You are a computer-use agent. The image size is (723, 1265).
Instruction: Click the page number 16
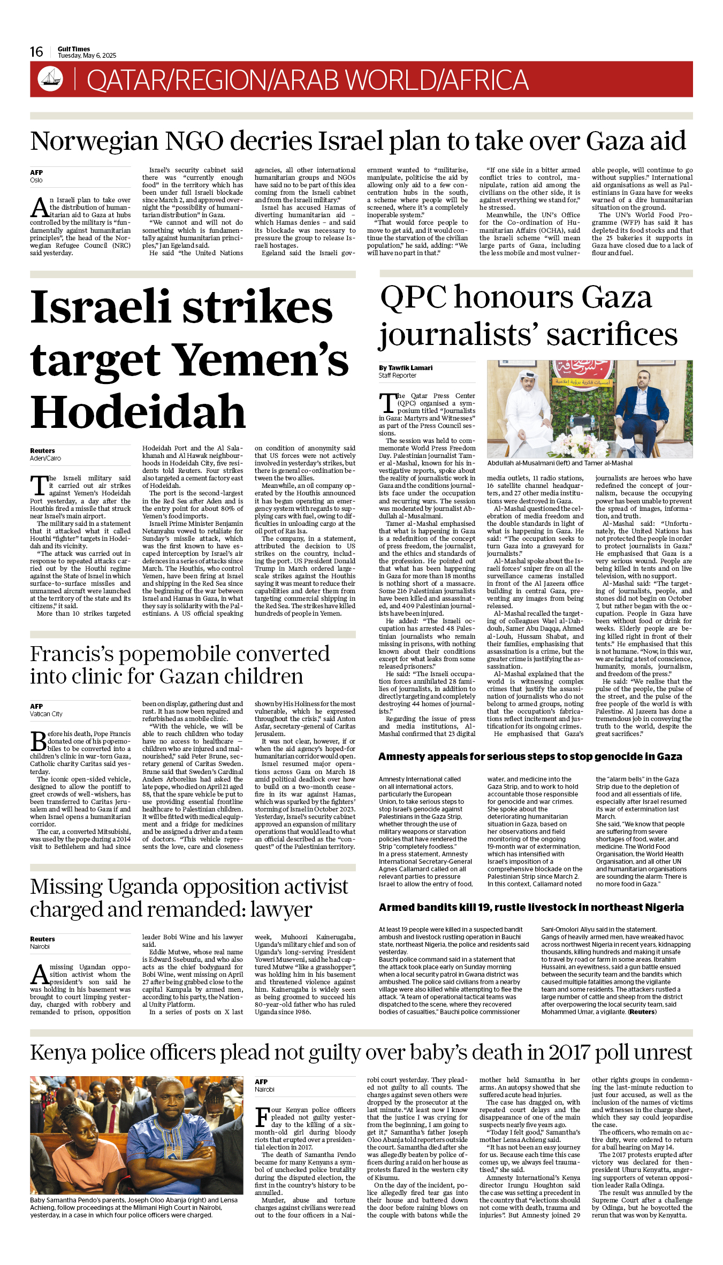coord(36,52)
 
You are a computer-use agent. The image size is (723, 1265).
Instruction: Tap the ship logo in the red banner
coord(50,79)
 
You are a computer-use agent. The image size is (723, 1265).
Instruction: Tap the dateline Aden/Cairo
coord(45,458)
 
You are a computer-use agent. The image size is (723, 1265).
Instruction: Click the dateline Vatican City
coord(46,714)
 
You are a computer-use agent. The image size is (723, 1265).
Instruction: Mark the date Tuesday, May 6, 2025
coord(87,56)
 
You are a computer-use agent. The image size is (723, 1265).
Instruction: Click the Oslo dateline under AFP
coord(36,180)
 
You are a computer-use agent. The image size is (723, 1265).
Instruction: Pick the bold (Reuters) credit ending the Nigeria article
coord(642,1012)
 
